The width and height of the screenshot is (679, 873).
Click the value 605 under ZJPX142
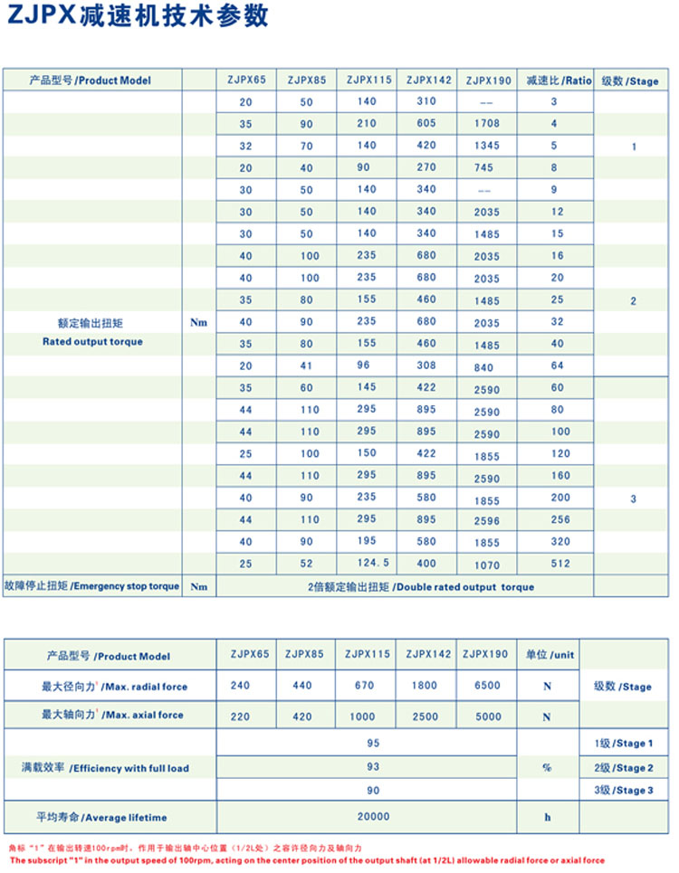(426, 123)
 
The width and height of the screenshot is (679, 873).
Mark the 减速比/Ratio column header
(558, 81)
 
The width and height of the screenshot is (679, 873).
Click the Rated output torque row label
(92, 342)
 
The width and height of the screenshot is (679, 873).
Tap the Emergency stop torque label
(92, 586)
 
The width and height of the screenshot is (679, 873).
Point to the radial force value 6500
(485, 686)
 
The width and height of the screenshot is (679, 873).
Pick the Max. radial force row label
(114, 687)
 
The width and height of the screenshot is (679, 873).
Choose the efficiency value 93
(373, 767)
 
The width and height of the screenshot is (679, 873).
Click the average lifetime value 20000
(373, 816)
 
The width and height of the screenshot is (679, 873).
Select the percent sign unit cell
(547, 767)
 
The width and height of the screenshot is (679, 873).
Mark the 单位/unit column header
(550, 655)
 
